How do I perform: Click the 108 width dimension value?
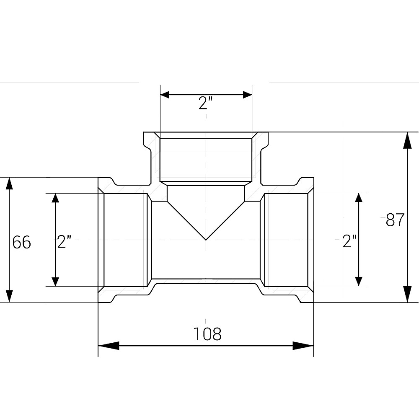point(207,334)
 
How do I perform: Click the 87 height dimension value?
point(395,220)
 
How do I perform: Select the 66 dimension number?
point(22,242)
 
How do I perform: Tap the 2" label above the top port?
point(205,103)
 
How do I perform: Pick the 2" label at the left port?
point(64,242)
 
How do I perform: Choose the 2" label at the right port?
point(350,241)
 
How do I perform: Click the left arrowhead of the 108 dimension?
point(109,346)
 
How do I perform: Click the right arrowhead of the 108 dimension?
point(303,346)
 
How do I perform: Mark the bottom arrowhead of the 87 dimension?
point(407,294)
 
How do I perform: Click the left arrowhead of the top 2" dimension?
point(165,95)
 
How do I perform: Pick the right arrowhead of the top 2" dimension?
point(248,95)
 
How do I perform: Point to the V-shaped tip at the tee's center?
point(206,240)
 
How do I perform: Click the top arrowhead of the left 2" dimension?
point(55,198)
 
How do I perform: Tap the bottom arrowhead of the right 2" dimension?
point(359,282)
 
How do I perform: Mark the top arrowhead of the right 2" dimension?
point(359,197)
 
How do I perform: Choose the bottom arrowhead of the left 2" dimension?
point(55,282)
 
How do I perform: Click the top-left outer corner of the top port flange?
point(144,132)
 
